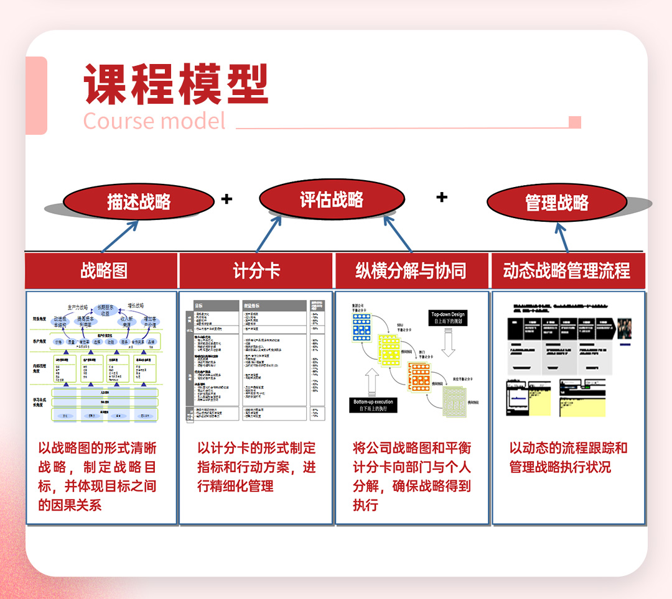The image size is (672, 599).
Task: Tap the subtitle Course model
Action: coord(154,121)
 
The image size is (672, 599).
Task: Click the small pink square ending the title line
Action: coord(575,122)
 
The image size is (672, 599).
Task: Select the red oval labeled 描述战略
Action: coord(139,201)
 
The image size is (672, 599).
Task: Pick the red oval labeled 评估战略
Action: coord(332,199)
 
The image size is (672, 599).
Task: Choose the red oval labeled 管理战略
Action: coord(557,203)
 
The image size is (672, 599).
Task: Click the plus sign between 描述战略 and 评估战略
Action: coord(226,199)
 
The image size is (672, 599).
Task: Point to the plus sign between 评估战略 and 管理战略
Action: coord(442,197)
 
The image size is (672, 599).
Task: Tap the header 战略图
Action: coord(104,270)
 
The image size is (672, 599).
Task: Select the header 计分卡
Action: coord(256,270)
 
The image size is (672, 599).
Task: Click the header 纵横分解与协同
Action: coord(411,270)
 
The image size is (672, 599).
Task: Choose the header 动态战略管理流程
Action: coord(567,270)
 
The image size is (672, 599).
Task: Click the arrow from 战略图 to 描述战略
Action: coord(120,235)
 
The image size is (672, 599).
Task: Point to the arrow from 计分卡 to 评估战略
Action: coord(269,234)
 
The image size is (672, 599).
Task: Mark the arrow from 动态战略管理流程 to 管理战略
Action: coord(562,237)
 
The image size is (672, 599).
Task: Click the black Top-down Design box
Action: coord(448,318)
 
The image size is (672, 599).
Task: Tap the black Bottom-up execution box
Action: coord(373,405)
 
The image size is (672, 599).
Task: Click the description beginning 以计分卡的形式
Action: coord(256,467)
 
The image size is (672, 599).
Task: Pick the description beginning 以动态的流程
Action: coord(568,457)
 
